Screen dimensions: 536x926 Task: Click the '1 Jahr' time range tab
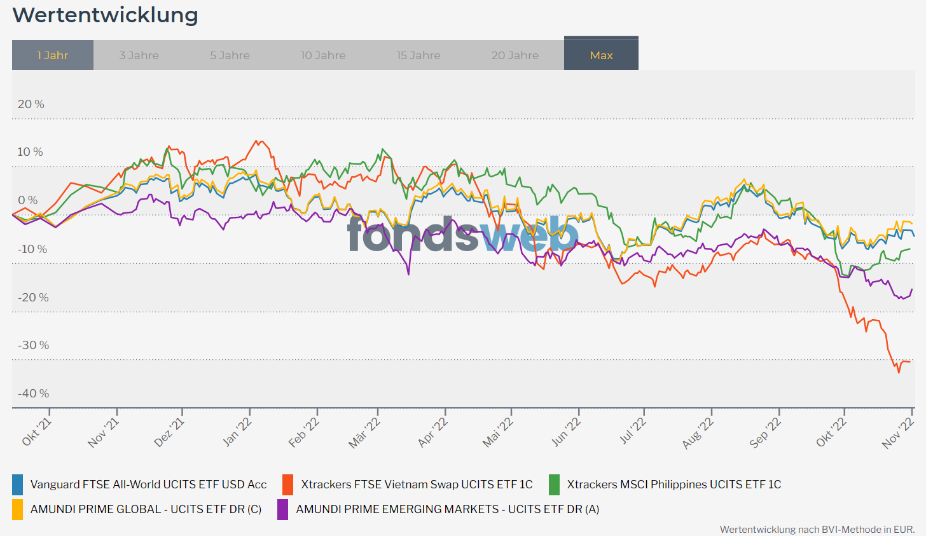(53, 55)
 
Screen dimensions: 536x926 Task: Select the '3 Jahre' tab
(139, 55)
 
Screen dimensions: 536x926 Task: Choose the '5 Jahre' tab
(230, 55)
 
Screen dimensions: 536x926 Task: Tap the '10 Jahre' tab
(323, 55)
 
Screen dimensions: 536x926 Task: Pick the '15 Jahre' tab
(418, 55)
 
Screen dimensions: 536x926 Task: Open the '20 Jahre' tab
(515, 55)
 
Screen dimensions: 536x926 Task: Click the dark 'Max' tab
(601, 55)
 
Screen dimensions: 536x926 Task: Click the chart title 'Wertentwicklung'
(105, 15)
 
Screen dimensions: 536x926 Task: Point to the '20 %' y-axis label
(31, 104)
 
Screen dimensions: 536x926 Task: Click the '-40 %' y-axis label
(32, 394)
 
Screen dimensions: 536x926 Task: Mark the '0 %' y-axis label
(28, 200)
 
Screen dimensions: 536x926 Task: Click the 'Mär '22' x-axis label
(365, 432)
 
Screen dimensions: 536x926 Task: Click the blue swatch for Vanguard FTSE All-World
(18, 484)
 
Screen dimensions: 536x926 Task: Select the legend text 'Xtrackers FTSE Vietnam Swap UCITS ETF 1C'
(417, 484)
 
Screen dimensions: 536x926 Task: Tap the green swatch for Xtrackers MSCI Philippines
(554, 484)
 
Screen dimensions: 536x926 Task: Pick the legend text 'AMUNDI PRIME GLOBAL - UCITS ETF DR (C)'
(146, 509)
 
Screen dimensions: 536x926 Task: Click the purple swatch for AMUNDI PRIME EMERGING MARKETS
(283, 509)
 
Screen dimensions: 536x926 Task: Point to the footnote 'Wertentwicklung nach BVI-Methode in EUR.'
(817, 529)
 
